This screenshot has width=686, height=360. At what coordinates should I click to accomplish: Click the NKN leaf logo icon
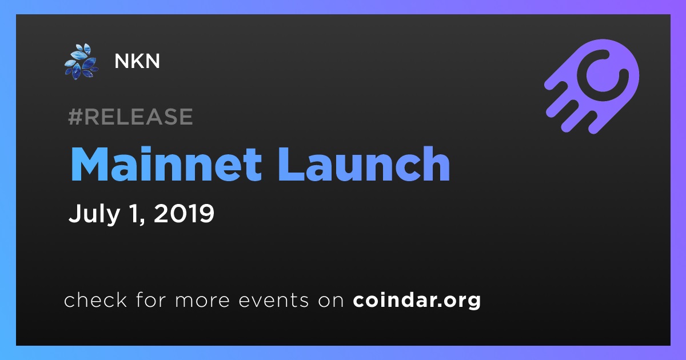coord(81,62)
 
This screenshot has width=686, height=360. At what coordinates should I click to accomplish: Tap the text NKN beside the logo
coord(137,61)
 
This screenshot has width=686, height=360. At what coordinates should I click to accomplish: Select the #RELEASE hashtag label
coord(131,117)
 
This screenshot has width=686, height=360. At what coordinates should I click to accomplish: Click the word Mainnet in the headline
coord(166,164)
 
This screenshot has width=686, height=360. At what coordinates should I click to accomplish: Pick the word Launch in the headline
coord(364,164)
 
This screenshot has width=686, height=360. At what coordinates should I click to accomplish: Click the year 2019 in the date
coord(184,213)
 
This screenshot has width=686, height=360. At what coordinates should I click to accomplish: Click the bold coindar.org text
coord(417,301)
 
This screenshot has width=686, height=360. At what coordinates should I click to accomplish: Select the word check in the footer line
coord(95,299)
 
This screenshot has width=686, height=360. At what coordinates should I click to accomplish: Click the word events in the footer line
coord(274,301)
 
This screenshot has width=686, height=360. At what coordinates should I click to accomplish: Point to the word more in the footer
coord(202,301)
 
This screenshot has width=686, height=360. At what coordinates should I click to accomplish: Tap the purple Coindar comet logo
coord(592,86)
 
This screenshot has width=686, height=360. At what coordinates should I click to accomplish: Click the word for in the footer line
coord(151,299)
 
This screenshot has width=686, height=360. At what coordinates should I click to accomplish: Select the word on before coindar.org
coord(331,301)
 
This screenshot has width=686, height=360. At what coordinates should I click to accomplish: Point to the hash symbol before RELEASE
coord(75,117)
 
